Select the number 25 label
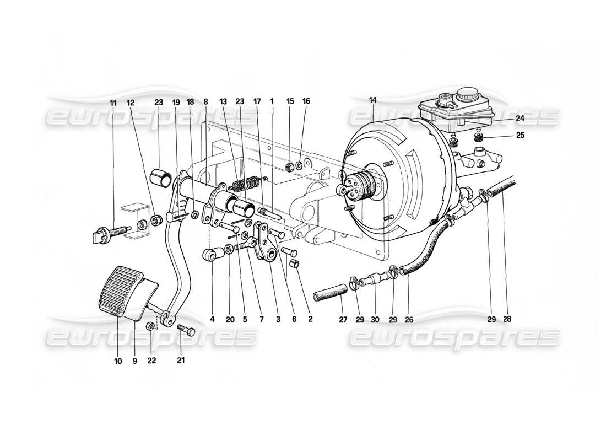click(520, 136)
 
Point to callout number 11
click(113, 102)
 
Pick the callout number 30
click(375, 319)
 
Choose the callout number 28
click(507, 319)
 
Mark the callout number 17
click(257, 101)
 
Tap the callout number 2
click(310, 319)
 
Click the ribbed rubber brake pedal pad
click(120, 291)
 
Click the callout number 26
click(408, 319)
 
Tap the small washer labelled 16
click(298, 165)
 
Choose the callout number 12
click(130, 102)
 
